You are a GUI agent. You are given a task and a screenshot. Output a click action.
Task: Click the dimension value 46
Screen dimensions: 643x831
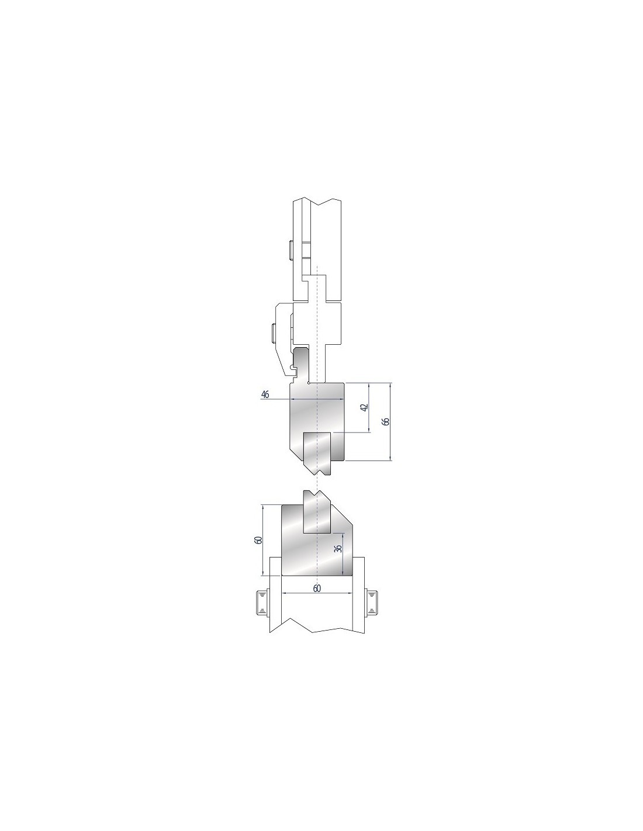click(265, 394)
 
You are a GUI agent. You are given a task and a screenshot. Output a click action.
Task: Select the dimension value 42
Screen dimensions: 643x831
click(364, 408)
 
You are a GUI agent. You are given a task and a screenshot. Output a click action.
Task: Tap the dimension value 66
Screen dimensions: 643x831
click(386, 421)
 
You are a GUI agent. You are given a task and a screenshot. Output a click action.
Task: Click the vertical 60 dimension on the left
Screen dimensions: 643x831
click(258, 541)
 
